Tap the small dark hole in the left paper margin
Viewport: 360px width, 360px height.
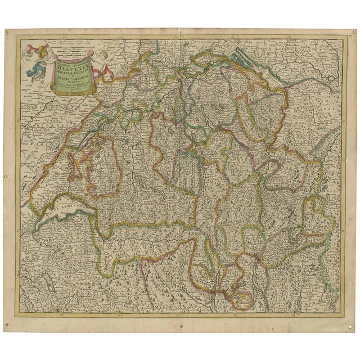pos(5,177)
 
